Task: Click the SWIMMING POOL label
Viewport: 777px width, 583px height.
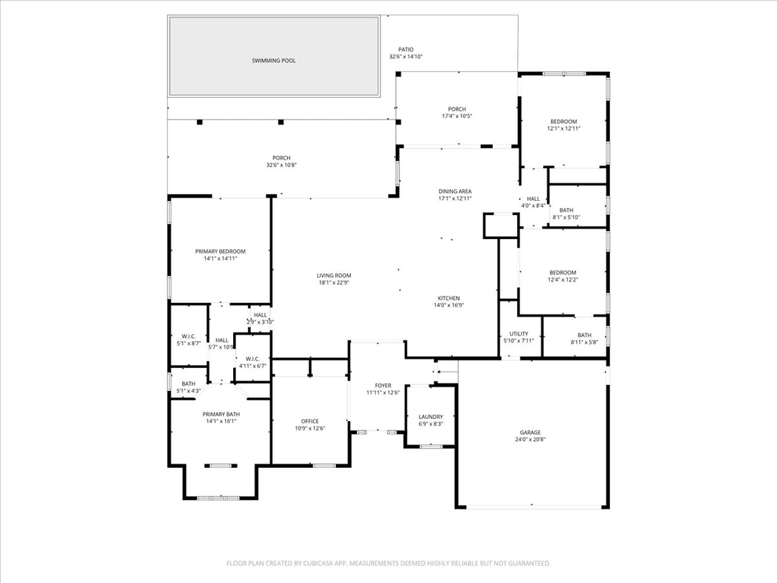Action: click(x=273, y=60)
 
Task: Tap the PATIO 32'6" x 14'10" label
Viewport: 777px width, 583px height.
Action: click(x=406, y=53)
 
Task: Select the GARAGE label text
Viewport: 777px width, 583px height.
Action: click(x=530, y=435)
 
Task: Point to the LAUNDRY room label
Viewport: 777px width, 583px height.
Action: click(x=430, y=420)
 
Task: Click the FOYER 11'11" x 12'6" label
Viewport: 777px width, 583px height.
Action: click(x=382, y=389)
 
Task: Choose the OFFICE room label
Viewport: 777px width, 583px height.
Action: click(x=310, y=425)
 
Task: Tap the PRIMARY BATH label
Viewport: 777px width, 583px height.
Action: click(x=221, y=417)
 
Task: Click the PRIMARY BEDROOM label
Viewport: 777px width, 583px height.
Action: click(x=220, y=255)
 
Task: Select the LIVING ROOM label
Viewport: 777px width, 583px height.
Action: click(x=334, y=279)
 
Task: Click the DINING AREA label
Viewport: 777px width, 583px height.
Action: click(x=455, y=194)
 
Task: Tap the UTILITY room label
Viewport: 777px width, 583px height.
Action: click(x=519, y=337)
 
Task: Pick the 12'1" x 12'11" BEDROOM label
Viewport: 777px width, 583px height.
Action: click(x=563, y=125)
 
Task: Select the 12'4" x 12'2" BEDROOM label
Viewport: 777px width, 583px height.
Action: click(x=563, y=276)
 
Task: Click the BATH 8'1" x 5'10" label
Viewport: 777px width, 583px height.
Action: click(x=566, y=213)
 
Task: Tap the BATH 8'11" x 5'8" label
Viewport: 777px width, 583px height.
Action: click(x=583, y=338)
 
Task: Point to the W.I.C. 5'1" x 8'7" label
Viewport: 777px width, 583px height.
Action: click(x=188, y=340)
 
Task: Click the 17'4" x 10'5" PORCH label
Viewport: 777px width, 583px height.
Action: click(x=457, y=112)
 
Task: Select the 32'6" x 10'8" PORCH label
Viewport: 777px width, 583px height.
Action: click(x=281, y=161)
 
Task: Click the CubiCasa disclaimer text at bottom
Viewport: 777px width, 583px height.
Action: click(x=388, y=563)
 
